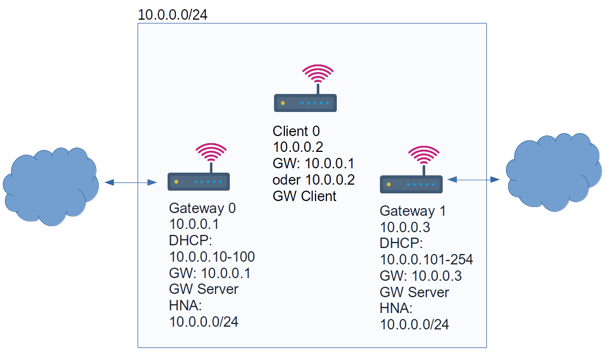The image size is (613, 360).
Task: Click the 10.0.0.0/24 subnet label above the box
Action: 172,15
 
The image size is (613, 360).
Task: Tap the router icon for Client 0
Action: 305,103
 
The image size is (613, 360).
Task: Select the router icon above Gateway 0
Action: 198,181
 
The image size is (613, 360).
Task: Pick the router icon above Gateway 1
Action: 411,185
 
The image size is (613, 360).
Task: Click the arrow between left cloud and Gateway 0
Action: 131,182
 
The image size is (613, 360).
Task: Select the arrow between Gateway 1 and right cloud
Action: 473,179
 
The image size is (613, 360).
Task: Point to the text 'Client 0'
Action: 296,132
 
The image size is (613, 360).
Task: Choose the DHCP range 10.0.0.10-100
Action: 212,257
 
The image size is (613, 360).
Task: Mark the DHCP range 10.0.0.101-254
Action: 426,259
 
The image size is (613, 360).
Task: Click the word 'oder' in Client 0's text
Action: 287,180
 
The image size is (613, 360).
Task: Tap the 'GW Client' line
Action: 305,196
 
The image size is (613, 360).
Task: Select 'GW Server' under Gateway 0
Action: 204,289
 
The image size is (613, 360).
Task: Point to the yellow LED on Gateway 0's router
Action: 176,181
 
